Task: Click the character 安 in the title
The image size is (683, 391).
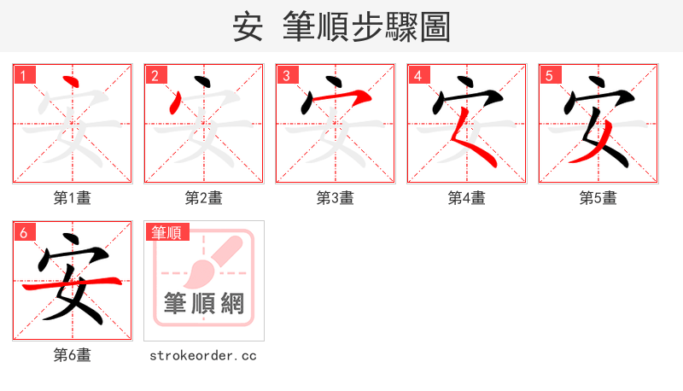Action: [248, 26]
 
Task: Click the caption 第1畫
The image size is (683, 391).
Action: [73, 198]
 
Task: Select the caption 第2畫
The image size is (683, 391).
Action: [204, 198]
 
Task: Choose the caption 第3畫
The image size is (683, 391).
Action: [336, 198]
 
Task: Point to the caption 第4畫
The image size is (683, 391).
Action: [467, 198]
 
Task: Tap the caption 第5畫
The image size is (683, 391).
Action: [598, 198]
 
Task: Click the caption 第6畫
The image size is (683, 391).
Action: [73, 355]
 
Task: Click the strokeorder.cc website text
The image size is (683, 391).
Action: [204, 355]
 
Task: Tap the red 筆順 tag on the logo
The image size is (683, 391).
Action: [166, 232]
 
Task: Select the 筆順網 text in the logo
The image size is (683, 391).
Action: [204, 302]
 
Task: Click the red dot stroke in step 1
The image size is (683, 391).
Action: [72, 83]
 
